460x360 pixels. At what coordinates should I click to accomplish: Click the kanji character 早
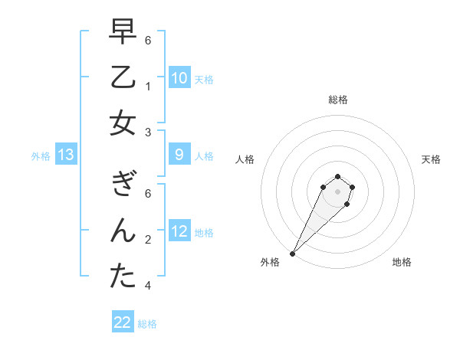tap(123, 32)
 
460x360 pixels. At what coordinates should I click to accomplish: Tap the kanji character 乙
tap(123, 77)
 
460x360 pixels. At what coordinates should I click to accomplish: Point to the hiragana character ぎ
tap(123, 185)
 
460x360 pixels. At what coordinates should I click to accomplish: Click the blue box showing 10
tap(179, 78)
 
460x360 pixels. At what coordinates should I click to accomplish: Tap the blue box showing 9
tap(179, 155)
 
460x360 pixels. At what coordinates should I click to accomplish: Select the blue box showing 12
tap(179, 231)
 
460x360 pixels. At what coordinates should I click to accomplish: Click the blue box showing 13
tap(66, 155)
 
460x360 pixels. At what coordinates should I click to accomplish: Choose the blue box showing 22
tap(123, 322)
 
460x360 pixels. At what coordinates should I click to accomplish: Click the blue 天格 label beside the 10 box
tap(204, 80)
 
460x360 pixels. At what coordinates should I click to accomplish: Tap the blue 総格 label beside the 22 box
tap(147, 324)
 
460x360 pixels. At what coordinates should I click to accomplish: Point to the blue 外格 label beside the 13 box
tap(41, 156)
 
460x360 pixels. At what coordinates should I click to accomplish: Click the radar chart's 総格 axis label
tap(338, 100)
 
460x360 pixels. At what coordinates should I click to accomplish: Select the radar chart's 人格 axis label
tap(245, 159)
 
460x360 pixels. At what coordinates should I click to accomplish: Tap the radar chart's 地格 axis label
tap(402, 262)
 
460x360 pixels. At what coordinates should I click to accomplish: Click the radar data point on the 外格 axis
tap(292, 253)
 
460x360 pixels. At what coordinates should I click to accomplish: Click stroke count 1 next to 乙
tap(147, 87)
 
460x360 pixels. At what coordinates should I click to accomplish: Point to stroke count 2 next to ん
tap(147, 239)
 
